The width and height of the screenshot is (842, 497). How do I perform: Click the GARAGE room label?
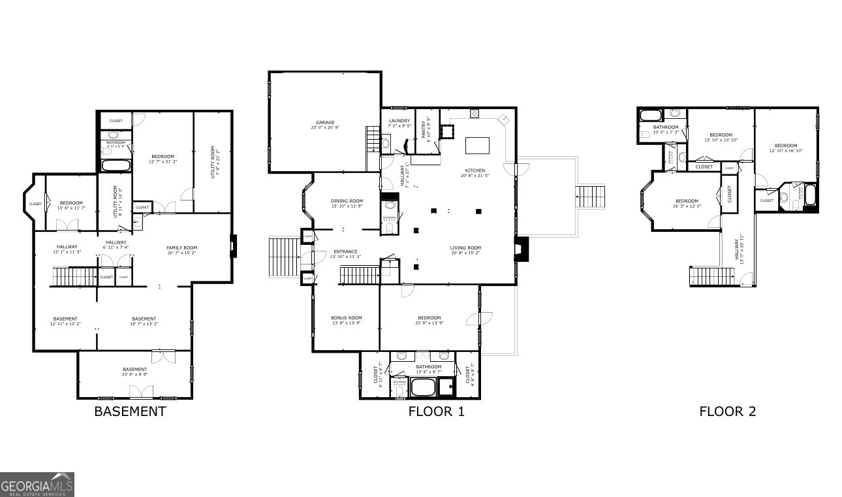325,122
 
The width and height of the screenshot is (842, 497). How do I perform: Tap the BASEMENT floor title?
130,411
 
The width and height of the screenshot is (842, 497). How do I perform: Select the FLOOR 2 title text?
727,411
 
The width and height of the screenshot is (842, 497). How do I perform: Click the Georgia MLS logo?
37,485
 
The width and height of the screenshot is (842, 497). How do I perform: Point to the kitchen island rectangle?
477,145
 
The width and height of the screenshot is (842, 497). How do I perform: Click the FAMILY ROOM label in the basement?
181,248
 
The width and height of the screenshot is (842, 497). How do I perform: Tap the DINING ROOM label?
347,201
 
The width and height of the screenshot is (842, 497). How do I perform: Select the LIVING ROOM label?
465,248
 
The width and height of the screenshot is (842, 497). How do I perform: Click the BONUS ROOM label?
346,318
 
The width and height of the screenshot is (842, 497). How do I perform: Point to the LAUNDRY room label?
399,121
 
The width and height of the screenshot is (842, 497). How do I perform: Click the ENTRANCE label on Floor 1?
346,251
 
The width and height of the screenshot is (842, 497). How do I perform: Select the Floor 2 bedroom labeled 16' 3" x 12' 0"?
687,204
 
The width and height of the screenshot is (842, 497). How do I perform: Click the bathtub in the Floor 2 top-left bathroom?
650,116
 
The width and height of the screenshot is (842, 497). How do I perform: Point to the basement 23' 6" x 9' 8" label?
135,375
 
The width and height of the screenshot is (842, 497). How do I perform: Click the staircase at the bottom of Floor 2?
705,276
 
